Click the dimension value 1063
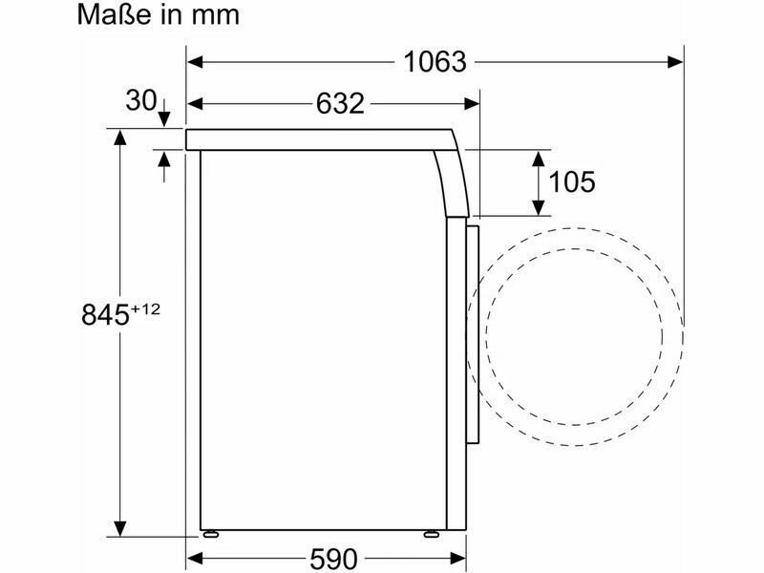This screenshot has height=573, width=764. [435, 62]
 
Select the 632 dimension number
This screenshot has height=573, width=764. [340, 104]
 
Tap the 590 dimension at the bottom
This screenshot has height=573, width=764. [333, 559]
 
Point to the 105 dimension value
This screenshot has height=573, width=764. [571, 182]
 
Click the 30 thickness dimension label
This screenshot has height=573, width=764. [140, 100]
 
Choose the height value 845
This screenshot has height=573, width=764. [105, 315]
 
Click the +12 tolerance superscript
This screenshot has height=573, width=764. [145, 308]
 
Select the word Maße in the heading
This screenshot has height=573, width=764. [115, 15]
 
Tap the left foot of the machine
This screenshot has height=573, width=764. [210, 534]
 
